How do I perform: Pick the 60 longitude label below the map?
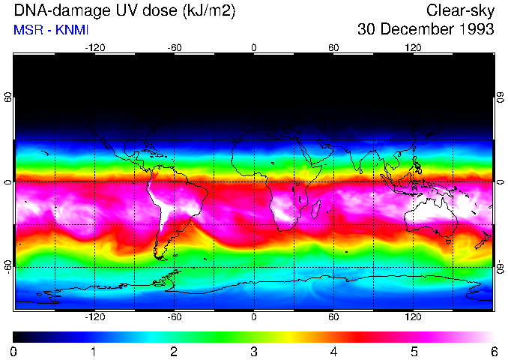click(333, 316)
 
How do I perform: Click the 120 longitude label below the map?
click(413, 316)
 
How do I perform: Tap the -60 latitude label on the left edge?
click(8, 266)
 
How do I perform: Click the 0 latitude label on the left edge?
click(8, 181)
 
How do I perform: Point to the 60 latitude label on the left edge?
click(8, 97)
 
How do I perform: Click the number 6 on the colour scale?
click(493, 351)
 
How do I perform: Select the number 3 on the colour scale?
click(253, 351)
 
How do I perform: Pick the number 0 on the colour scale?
click(14, 351)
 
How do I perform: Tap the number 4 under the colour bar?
click(333, 351)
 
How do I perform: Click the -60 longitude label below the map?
click(174, 316)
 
